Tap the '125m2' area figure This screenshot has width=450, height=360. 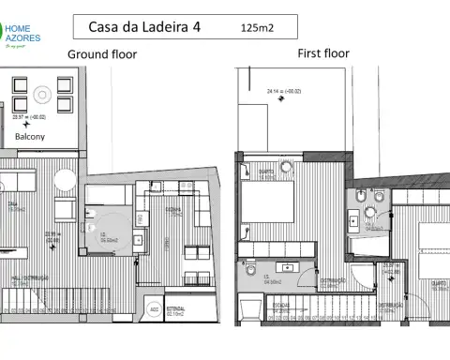[257, 28]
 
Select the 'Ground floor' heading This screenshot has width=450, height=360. [102, 54]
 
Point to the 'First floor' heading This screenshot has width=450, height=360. [323, 53]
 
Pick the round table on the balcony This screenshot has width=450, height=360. [40, 94]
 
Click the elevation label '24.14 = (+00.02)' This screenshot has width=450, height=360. [286, 92]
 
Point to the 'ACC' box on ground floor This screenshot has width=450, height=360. [154, 308]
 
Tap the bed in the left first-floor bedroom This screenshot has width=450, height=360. [270, 200]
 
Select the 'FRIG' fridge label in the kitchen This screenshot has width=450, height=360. [139, 218]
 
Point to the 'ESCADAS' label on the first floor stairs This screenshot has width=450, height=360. [279, 305]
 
